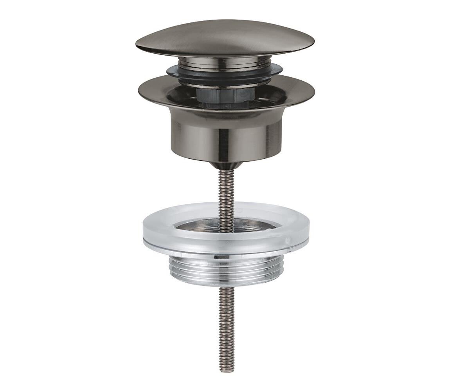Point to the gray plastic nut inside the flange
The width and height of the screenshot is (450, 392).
pyautogui.click(x=225, y=96)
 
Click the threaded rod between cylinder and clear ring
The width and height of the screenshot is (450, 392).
pyautogui.click(x=226, y=188)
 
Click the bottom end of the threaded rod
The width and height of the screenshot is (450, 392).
pyautogui.click(x=226, y=369)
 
